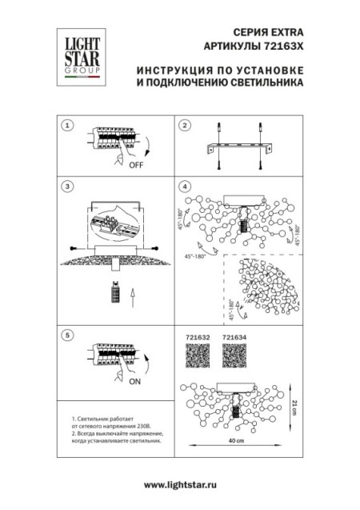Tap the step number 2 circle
tap(184, 126)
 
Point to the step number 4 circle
tap(184, 187)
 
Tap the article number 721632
tap(197, 338)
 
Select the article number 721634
tap(234, 338)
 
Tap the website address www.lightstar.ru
tap(180, 485)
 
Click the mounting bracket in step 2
tap(239, 149)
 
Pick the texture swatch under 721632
tap(197, 358)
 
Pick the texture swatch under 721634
tap(234, 358)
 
